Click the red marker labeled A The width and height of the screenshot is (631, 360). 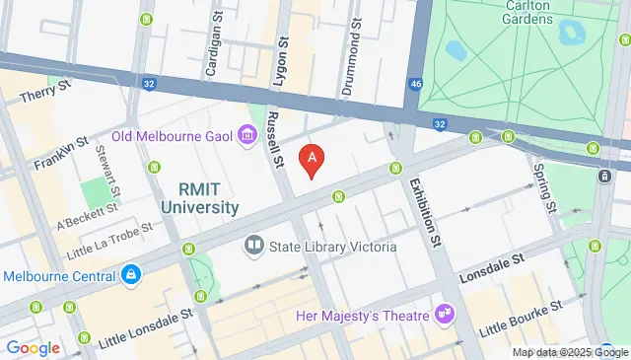(x=313, y=159)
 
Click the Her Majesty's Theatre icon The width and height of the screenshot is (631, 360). (x=446, y=315)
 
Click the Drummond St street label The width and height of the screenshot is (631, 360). (x=351, y=63)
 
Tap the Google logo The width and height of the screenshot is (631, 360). (x=33, y=347)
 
